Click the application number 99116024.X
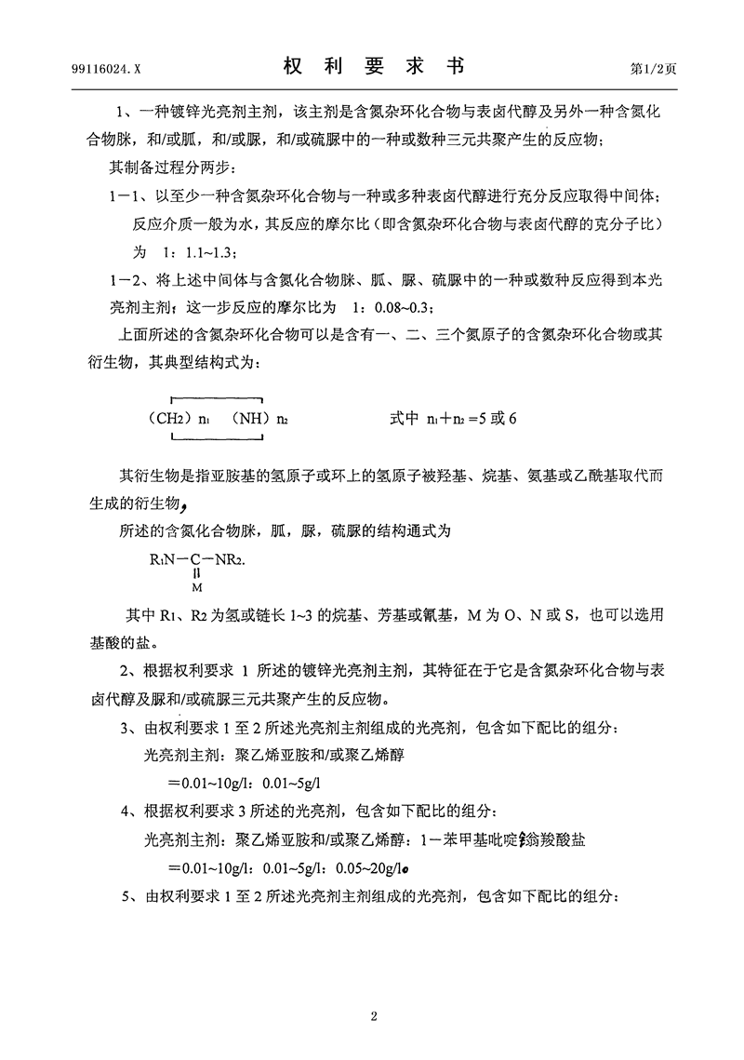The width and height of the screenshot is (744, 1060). click(106, 69)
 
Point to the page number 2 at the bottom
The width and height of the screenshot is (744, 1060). click(373, 1014)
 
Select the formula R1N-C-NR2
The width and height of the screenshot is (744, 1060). click(196, 561)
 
